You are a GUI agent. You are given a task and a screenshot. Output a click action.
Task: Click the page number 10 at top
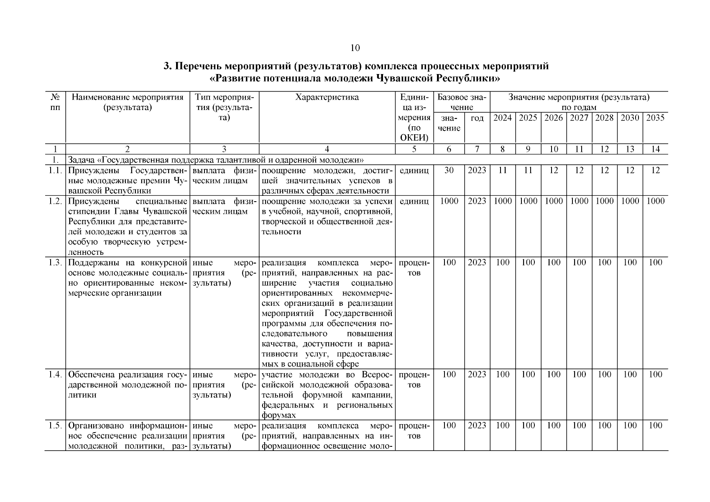pyautogui.click(x=355, y=48)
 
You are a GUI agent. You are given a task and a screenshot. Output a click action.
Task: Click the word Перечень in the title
pyautogui.click(x=198, y=67)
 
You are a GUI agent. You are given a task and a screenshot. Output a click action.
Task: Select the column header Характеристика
pyautogui.click(x=327, y=97)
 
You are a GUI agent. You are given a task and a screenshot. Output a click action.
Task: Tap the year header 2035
pyautogui.click(x=655, y=118)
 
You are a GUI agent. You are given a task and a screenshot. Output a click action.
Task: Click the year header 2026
pyautogui.click(x=553, y=118)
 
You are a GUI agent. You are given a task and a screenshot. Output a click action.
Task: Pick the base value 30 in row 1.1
pyautogui.click(x=449, y=170)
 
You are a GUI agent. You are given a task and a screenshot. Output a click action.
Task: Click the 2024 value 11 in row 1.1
pyautogui.click(x=502, y=170)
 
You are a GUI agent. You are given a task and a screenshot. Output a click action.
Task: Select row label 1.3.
pyautogui.click(x=55, y=263)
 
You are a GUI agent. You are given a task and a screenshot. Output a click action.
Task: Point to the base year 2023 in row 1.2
pyautogui.click(x=477, y=201)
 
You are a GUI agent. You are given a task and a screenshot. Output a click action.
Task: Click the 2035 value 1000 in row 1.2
pyautogui.click(x=655, y=201)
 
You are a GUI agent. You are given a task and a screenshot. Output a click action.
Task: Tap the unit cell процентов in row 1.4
pyautogui.click(x=414, y=379)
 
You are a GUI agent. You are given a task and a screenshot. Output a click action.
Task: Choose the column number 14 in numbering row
pyautogui.click(x=655, y=149)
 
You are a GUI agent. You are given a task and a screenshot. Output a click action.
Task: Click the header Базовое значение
pyautogui.click(x=461, y=102)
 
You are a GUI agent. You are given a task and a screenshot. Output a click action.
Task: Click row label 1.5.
pyautogui.click(x=55, y=426)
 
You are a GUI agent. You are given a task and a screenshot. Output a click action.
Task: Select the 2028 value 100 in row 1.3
pyautogui.click(x=604, y=263)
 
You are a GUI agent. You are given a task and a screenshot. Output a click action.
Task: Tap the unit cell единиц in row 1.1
pyautogui.click(x=414, y=170)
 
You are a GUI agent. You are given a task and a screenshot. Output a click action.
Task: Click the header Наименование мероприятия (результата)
pyautogui.click(x=128, y=102)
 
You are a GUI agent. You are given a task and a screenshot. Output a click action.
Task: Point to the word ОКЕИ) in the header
pyautogui.click(x=414, y=138)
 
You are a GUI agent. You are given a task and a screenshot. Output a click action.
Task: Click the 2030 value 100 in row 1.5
pyautogui.click(x=630, y=426)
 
